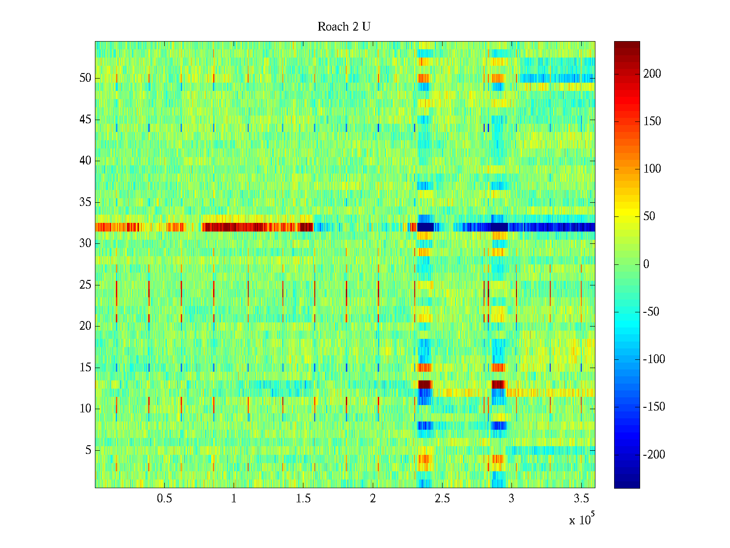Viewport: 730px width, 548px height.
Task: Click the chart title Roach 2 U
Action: tap(344, 27)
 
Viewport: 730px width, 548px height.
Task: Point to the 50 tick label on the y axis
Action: tap(85, 78)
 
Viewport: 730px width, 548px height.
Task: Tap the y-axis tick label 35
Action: tap(85, 202)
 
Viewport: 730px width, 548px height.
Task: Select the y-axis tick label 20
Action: tap(85, 326)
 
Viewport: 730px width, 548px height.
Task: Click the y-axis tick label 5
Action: tap(88, 450)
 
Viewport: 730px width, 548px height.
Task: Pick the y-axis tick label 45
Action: tap(85, 120)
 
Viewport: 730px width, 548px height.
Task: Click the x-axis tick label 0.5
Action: tap(164, 499)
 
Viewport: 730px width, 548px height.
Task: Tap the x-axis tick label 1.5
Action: tap(303, 499)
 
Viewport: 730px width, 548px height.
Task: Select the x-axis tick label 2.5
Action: tap(442, 499)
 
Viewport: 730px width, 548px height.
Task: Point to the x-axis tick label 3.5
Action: tap(581, 499)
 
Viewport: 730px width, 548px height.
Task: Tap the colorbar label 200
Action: tap(652, 74)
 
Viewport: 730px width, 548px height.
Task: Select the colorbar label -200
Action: tap(654, 454)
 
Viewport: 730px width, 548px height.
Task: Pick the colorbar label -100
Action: tap(654, 359)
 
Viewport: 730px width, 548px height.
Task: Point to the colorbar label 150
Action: tap(652, 121)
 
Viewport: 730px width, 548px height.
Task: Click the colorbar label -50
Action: tap(651, 312)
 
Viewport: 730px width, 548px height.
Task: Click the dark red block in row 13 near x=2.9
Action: tap(498, 384)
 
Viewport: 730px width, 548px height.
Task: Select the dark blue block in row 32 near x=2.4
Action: tap(426, 227)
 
